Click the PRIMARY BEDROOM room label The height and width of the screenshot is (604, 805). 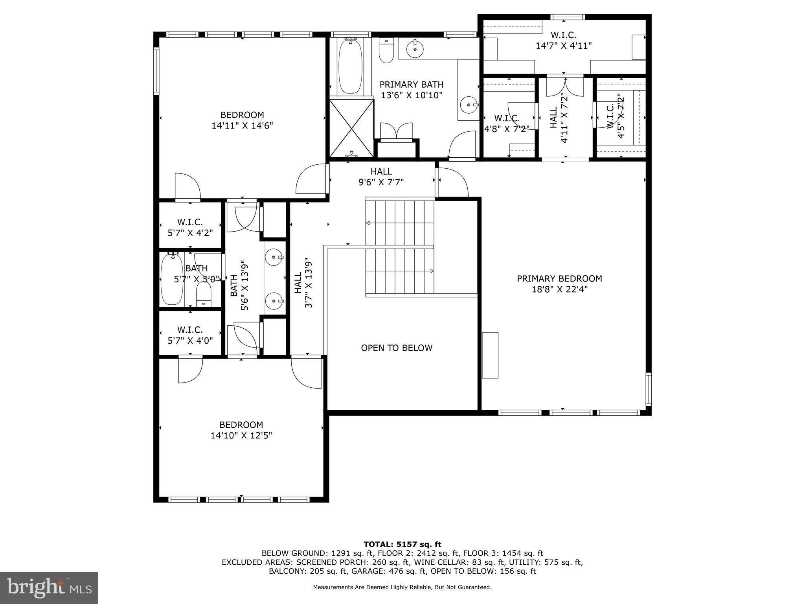click(x=559, y=279)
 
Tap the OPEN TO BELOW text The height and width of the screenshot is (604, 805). click(x=397, y=348)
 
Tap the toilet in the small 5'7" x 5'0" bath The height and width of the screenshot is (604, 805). click(x=204, y=295)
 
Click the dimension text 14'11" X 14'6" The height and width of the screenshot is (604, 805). click(x=242, y=126)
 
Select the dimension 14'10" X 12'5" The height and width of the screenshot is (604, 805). click(x=241, y=436)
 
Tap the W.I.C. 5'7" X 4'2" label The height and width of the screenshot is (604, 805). click(x=190, y=228)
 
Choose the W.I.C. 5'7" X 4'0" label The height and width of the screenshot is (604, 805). click(x=190, y=335)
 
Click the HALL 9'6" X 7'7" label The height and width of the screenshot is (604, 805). click(x=381, y=177)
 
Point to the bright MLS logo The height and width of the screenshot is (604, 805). click(x=49, y=587)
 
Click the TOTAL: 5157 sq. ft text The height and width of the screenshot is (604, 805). click(x=402, y=545)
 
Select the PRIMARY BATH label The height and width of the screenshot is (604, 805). click(x=412, y=85)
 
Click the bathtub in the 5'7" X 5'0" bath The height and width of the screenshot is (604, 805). click(x=172, y=280)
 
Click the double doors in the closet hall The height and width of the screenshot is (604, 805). click(x=565, y=87)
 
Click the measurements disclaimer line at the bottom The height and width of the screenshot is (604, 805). click(x=402, y=587)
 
